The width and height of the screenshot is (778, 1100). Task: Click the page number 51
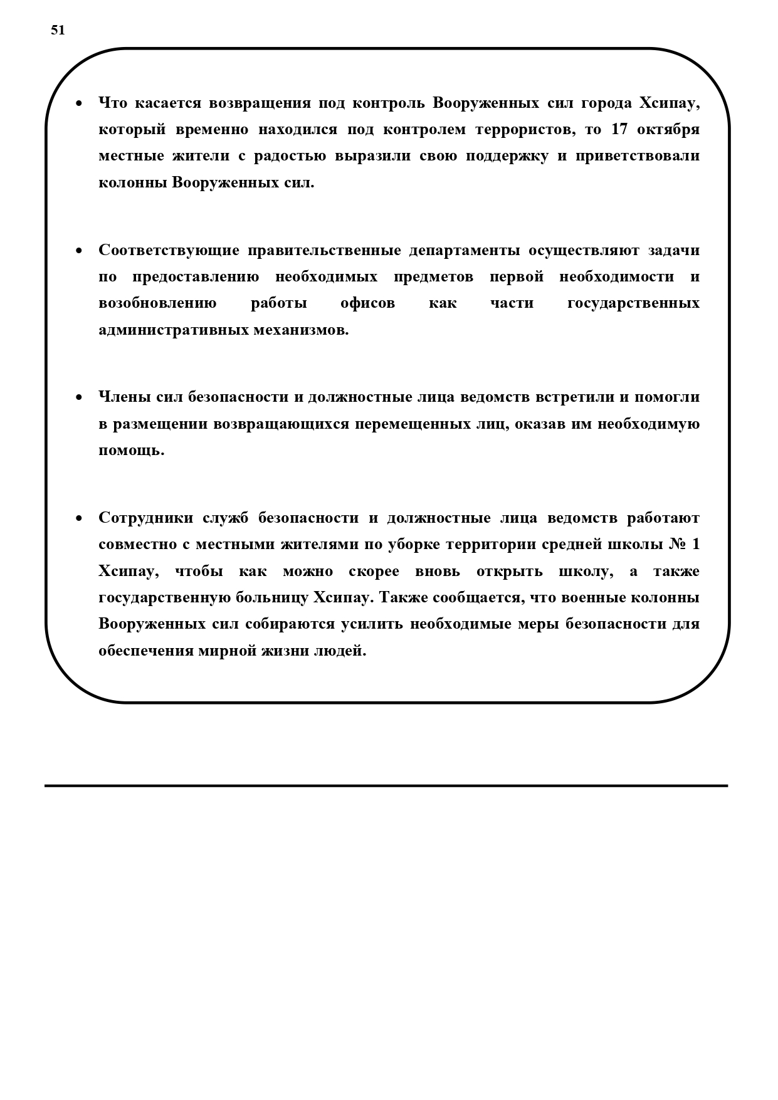click(58, 30)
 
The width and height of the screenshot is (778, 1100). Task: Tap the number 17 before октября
click(619, 129)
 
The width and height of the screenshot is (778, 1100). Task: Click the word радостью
click(290, 155)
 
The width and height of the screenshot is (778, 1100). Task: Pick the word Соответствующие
click(169, 250)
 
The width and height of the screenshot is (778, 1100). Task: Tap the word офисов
click(367, 303)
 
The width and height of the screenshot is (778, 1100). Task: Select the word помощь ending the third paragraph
click(131, 450)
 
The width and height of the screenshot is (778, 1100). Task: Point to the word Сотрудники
click(146, 518)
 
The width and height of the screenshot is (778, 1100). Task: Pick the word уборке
click(414, 544)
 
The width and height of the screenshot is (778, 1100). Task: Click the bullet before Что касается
click(79, 103)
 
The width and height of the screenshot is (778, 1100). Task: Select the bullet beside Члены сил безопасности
click(79, 398)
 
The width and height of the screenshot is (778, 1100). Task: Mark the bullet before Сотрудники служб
click(79, 518)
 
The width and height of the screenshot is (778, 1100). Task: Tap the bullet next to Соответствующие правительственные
click(79, 251)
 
